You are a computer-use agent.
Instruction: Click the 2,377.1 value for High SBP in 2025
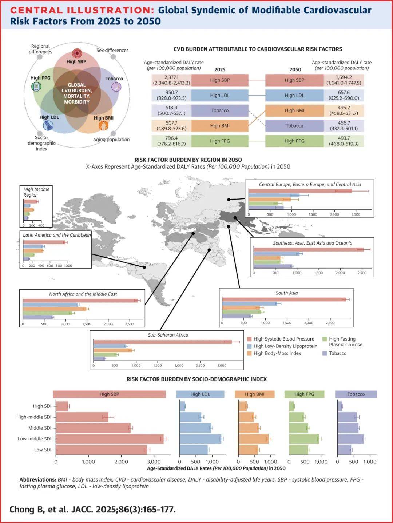click(x=171, y=80)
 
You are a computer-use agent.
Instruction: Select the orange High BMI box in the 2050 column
click(x=294, y=110)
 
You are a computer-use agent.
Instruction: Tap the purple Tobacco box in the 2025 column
click(x=220, y=110)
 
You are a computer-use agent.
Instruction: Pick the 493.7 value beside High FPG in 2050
click(x=344, y=141)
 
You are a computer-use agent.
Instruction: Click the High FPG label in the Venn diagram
click(x=40, y=78)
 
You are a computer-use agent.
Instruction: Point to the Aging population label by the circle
click(x=111, y=140)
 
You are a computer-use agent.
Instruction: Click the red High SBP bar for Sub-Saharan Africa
click(x=162, y=342)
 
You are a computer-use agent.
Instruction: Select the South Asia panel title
click(x=287, y=293)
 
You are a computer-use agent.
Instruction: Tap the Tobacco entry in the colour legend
click(x=338, y=353)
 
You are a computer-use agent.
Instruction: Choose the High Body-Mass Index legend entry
click(x=277, y=353)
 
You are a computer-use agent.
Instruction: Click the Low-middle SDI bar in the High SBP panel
click(x=110, y=439)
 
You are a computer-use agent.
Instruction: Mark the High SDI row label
click(x=42, y=406)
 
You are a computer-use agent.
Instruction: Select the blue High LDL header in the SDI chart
click(x=200, y=394)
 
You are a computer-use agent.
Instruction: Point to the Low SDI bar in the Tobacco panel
click(x=344, y=450)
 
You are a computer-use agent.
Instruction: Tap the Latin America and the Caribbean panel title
click(x=57, y=235)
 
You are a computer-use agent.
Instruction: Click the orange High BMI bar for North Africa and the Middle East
click(x=55, y=309)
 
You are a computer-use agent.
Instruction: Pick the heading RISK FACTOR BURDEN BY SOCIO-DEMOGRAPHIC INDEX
click(x=196, y=379)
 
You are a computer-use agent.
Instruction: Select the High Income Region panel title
click(x=36, y=192)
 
